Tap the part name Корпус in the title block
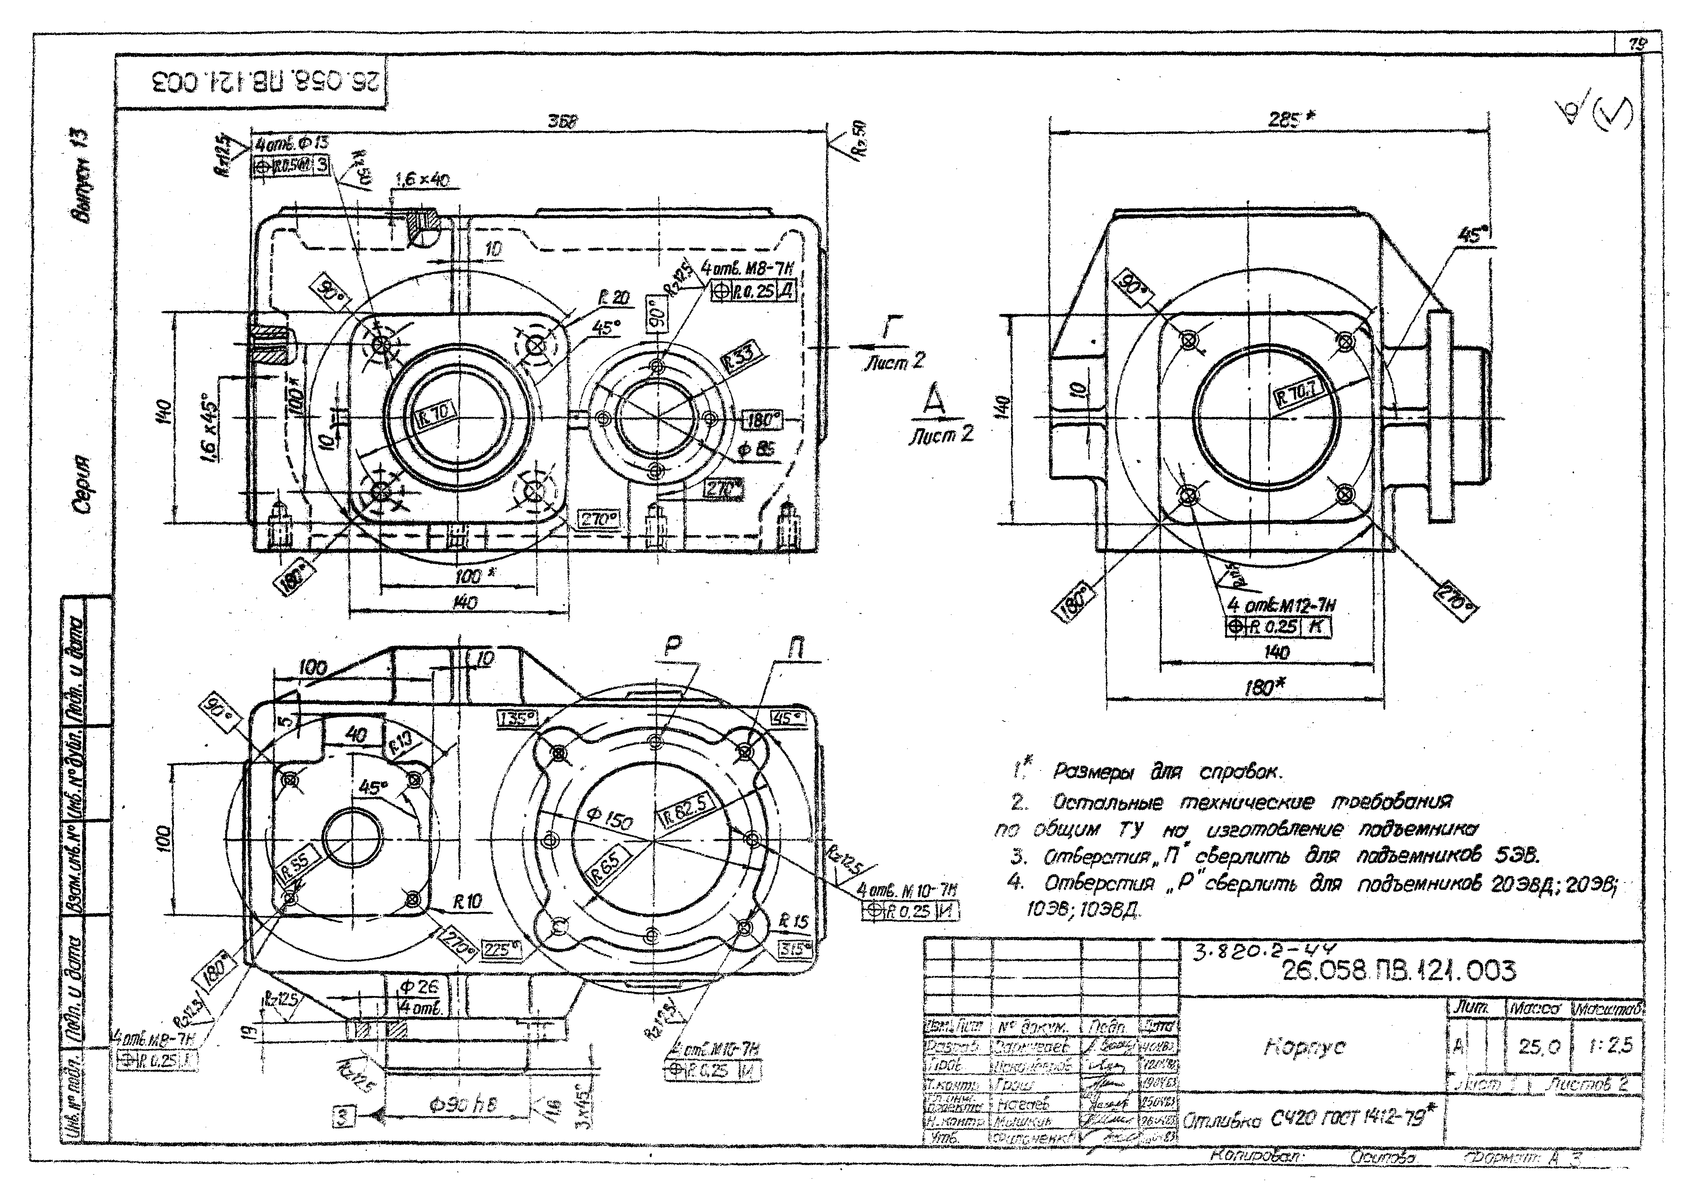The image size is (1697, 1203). coord(1304,1047)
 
